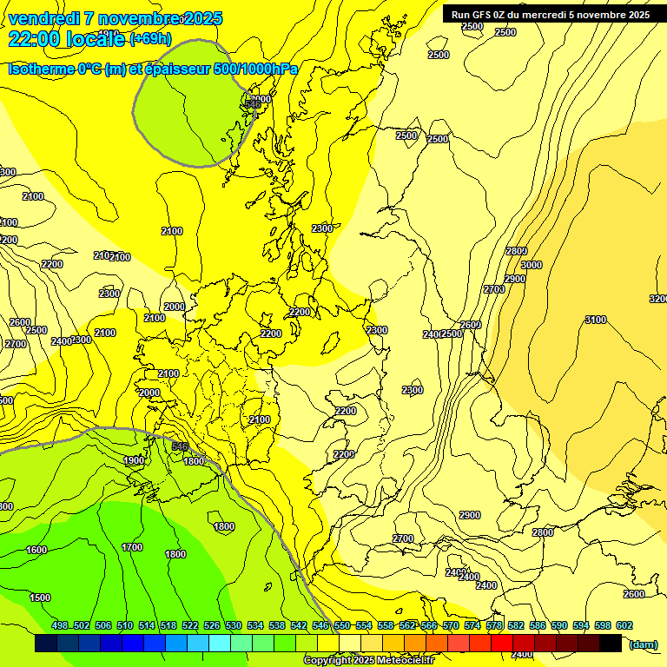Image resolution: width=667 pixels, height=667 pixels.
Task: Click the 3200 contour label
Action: [657, 299]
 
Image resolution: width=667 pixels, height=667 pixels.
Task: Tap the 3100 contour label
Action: [595, 320]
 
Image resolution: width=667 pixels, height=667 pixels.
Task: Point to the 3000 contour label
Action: [531, 265]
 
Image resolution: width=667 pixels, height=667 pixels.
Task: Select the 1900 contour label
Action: [134, 460]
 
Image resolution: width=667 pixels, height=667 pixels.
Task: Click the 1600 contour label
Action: [36, 550]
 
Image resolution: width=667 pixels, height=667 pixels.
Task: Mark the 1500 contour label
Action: [40, 598]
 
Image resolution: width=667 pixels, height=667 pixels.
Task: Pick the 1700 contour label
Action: [132, 547]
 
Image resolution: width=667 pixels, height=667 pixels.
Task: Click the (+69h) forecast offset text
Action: [150, 38]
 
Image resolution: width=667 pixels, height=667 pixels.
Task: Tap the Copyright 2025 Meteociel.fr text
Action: [368, 661]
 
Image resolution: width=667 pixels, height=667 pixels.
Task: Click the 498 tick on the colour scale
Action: [60, 625]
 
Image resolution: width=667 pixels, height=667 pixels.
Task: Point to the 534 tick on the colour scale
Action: [255, 625]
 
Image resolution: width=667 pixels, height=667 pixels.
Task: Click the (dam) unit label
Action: [644, 644]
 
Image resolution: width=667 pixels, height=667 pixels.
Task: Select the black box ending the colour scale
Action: [611, 644]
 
